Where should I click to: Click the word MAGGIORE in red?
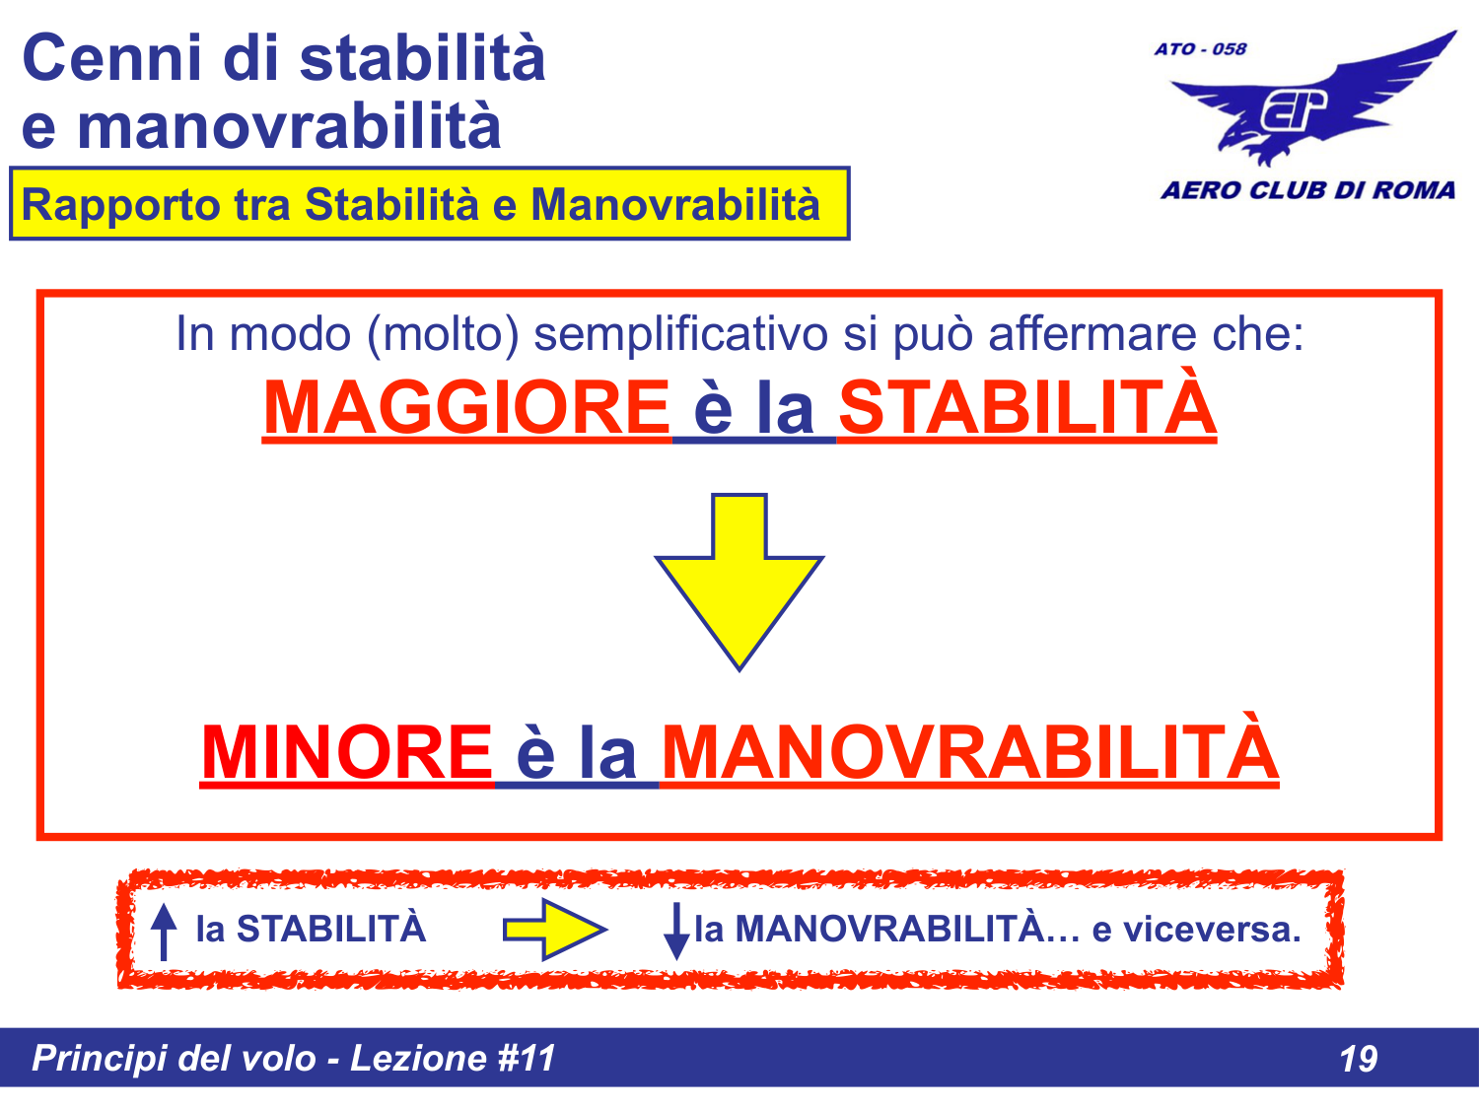pyautogui.click(x=465, y=408)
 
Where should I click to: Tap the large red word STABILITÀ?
pyautogui.click(x=1026, y=408)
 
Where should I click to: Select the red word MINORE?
pyautogui.click(x=346, y=753)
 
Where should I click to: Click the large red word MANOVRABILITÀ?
pyautogui.click(x=969, y=753)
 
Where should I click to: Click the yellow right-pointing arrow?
pyautogui.click(x=555, y=930)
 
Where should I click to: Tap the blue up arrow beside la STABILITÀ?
pyautogui.click(x=164, y=932)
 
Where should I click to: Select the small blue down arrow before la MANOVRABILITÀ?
pyautogui.click(x=676, y=932)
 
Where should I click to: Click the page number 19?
pyautogui.click(x=1358, y=1059)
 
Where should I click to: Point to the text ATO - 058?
pyautogui.click(x=1200, y=49)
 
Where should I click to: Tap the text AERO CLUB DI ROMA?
pyautogui.click(x=1307, y=190)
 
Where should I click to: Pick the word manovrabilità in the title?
pyautogui.click(x=289, y=127)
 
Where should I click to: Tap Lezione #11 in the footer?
pyautogui.click(x=453, y=1059)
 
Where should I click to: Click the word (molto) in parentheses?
pyautogui.click(x=443, y=334)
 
